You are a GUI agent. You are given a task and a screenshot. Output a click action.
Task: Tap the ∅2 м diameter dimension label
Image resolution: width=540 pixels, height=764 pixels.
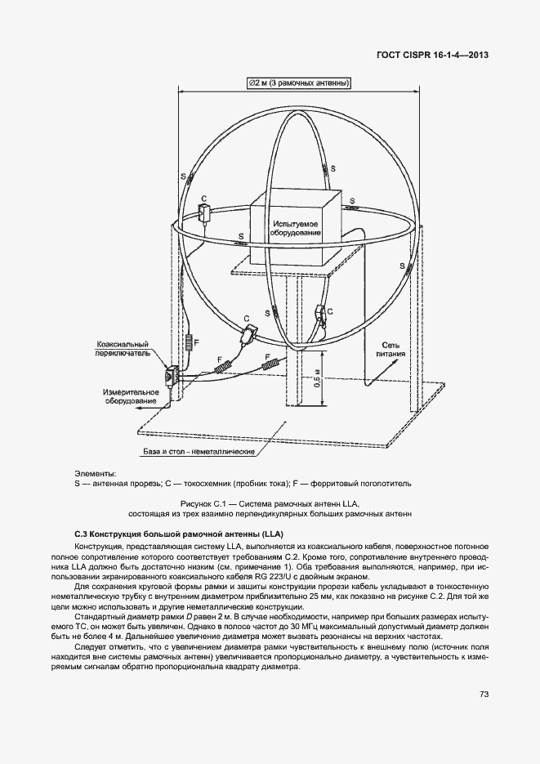click(x=297, y=83)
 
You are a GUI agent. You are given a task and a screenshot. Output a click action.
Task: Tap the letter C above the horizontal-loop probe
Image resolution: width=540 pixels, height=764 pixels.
click(x=203, y=199)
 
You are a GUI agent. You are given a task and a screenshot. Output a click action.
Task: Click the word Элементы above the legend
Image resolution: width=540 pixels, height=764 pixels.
click(x=95, y=473)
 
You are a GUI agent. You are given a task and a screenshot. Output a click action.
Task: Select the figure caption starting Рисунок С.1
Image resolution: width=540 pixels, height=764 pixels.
click(x=270, y=509)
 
